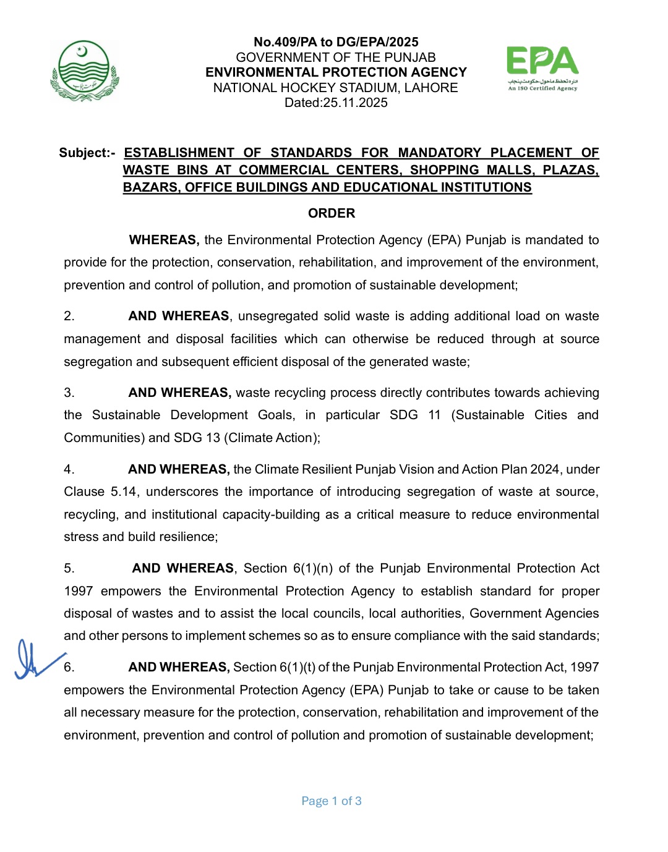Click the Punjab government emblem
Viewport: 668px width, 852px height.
click(x=84, y=70)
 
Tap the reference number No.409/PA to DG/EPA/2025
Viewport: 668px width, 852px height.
click(x=336, y=42)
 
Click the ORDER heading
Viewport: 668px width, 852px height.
click(x=332, y=213)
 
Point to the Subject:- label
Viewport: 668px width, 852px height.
click(x=87, y=153)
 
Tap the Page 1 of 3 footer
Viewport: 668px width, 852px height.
click(x=332, y=801)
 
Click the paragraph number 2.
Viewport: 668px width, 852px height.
click(x=69, y=316)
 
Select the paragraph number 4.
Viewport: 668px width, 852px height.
click(x=69, y=469)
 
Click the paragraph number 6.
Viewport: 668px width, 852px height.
click(x=69, y=667)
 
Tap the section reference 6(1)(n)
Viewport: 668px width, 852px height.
click(x=312, y=568)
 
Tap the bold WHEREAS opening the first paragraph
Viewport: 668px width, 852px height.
click(x=163, y=240)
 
